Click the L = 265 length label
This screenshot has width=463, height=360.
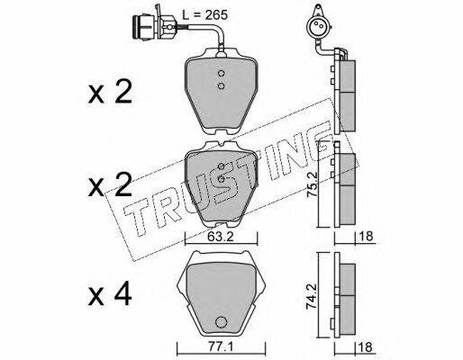(205, 14)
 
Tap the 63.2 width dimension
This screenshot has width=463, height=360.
(221, 238)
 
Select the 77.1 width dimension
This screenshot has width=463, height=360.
(221, 347)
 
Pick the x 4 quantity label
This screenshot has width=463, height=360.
(110, 294)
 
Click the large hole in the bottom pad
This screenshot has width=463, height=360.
(221, 322)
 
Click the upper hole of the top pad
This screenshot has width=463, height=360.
(222, 73)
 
